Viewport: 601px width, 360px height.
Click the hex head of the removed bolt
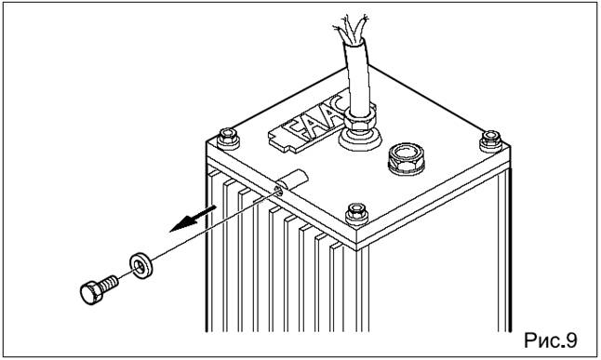click(91, 293)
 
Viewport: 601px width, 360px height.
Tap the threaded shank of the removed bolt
click(110, 284)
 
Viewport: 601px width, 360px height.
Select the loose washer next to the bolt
click(141, 265)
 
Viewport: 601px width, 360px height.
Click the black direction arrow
click(193, 219)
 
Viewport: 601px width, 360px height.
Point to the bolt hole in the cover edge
click(279, 190)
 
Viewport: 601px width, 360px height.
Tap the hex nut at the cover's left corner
click(228, 139)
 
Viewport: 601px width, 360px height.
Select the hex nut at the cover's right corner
click(491, 140)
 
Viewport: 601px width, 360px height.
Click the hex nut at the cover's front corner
click(357, 214)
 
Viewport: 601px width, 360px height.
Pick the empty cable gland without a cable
click(407, 158)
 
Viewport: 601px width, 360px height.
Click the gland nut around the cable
click(359, 118)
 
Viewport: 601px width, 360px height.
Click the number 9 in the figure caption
click(570, 340)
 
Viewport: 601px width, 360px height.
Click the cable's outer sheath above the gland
click(357, 76)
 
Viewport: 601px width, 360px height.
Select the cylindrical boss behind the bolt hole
click(293, 181)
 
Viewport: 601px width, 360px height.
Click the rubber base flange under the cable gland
click(359, 138)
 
